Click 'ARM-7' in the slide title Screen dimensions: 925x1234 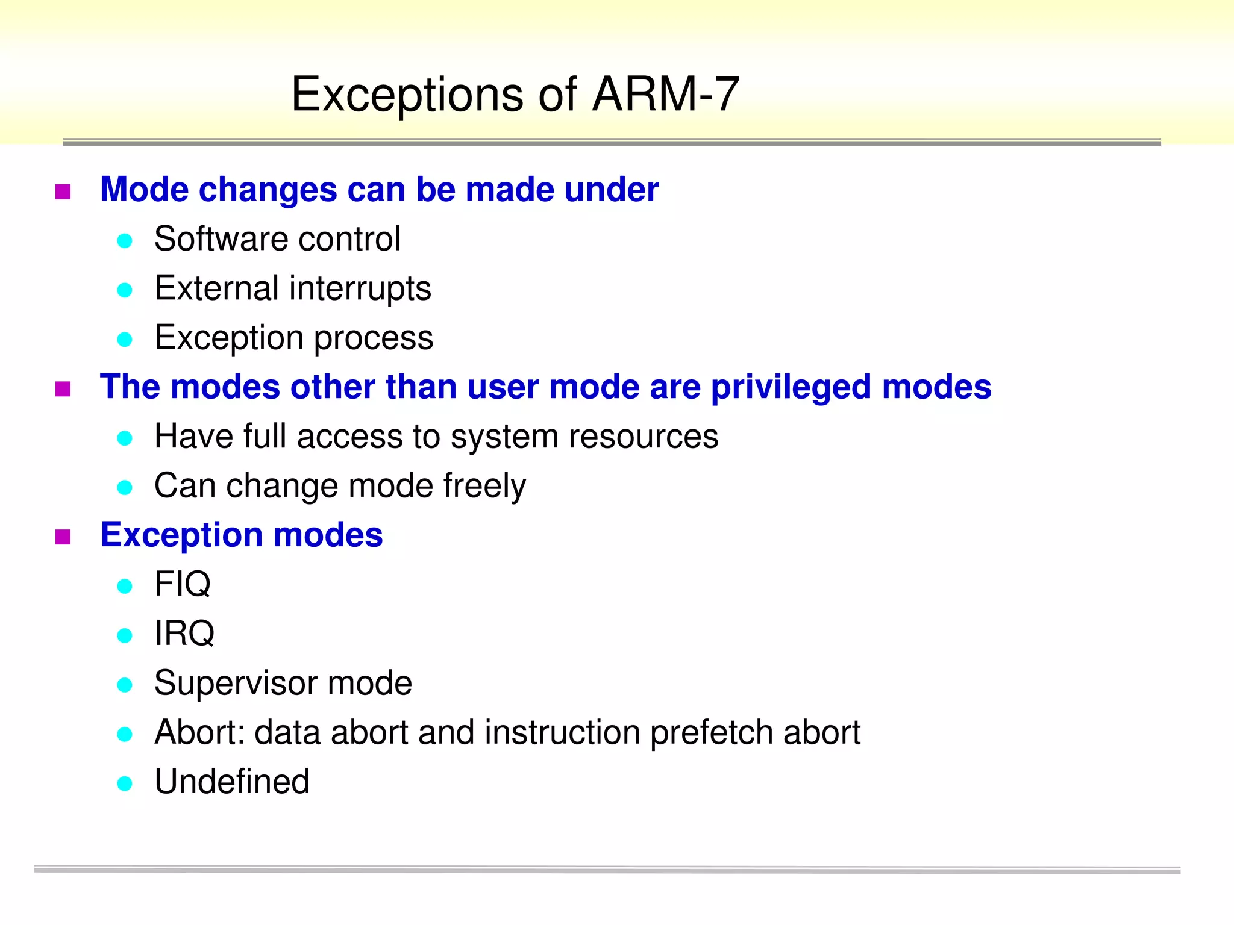point(665,95)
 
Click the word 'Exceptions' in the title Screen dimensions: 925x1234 point(407,96)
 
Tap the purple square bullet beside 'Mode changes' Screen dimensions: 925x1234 point(63,192)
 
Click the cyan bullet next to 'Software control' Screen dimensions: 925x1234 point(125,241)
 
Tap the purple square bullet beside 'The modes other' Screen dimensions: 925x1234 point(63,389)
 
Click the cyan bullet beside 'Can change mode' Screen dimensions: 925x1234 point(125,487)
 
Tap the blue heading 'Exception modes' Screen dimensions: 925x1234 point(241,535)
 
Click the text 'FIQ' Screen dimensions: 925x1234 point(182,584)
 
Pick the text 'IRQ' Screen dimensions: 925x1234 point(184,634)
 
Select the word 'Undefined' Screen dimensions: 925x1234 point(232,782)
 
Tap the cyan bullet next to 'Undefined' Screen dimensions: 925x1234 point(125,783)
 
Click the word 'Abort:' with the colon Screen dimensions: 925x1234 point(199,733)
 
